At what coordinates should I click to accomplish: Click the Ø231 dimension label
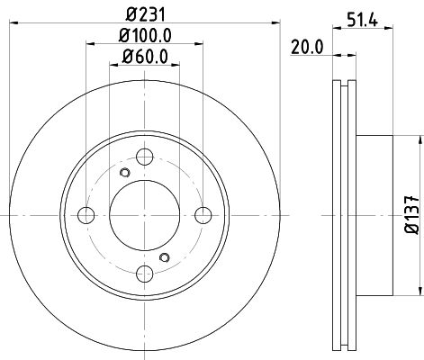146,14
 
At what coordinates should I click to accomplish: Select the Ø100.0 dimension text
145,35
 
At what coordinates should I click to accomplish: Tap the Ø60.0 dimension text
145,57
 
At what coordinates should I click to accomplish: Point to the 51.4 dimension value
363,20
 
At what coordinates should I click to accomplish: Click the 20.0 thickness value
307,48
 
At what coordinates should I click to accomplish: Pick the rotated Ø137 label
411,215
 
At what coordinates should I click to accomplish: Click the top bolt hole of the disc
145,157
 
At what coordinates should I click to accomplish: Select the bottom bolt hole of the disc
145,274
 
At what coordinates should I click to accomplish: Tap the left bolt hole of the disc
86,215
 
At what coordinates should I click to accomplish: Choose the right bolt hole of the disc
203,215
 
